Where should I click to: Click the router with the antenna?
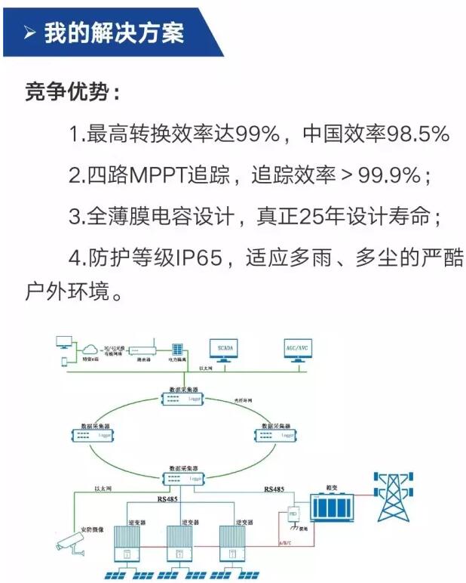[x=142, y=350]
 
